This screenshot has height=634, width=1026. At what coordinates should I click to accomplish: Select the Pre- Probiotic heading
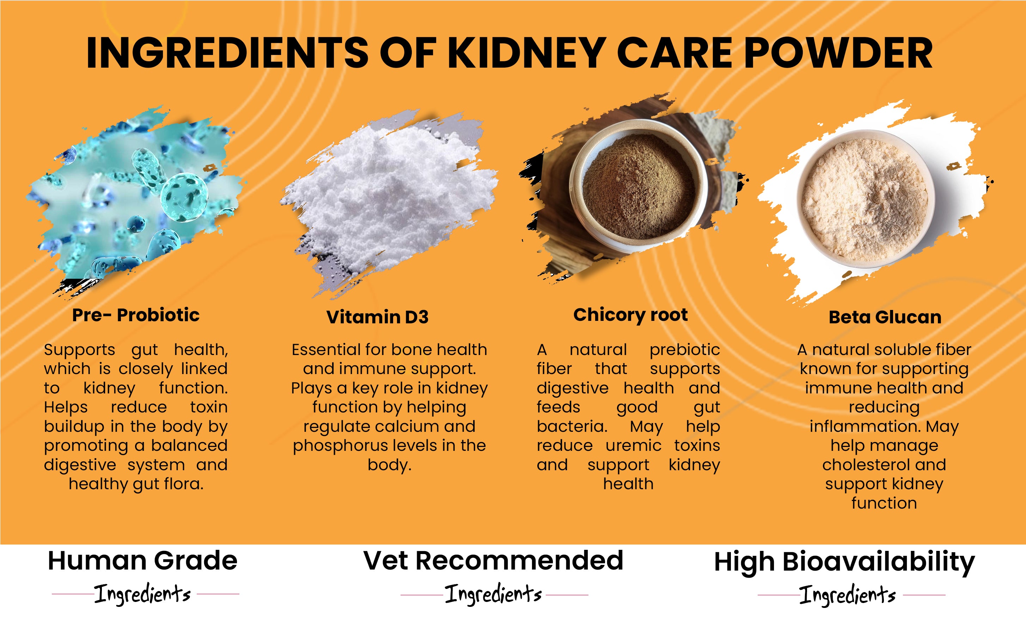click(x=135, y=315)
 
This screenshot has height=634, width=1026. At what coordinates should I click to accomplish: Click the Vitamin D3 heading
click(x=377, y=317)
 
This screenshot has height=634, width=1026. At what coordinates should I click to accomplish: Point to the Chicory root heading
click(x=630, y=315)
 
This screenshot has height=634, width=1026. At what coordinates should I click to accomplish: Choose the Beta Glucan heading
click(x=885, y=317)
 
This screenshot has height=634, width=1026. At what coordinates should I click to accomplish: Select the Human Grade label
click(x=143, y=561)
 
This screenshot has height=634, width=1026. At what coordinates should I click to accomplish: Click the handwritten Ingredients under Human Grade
click(x=142, y=594)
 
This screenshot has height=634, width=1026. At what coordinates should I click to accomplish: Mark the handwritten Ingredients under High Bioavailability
click(x=847, y=595)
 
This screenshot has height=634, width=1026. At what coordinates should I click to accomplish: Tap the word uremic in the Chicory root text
click(x=634, y=445)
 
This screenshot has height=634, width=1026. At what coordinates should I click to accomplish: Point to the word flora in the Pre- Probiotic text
click(x=183, y=484)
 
